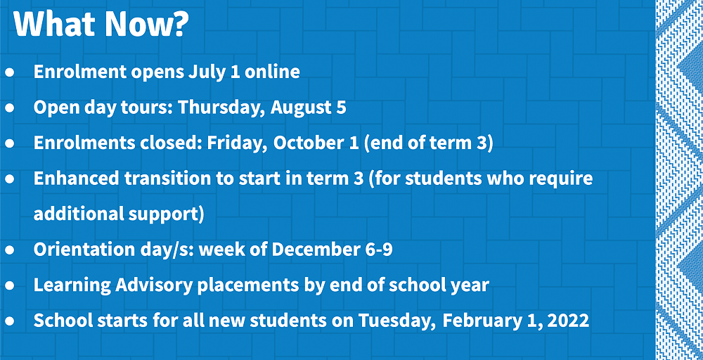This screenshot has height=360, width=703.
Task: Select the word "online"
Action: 272,72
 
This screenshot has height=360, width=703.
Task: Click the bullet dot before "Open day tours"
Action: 10,108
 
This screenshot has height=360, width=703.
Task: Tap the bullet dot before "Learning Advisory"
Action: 10,285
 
